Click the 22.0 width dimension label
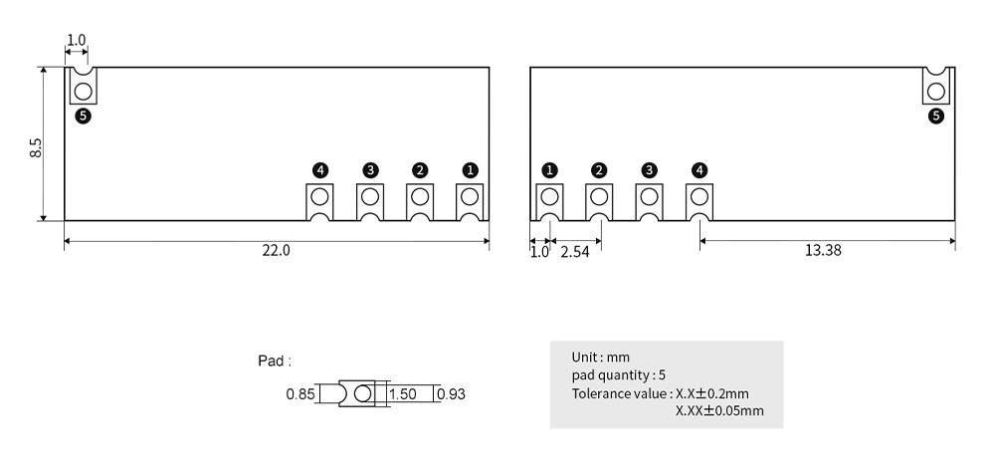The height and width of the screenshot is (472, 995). pos(276,250)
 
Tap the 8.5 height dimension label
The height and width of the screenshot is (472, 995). pos(36,148)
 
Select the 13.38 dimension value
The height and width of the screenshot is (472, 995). pos(823,250)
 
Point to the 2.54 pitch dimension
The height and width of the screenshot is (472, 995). pos(575,252)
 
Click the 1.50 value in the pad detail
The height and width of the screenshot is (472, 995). pos(402,394)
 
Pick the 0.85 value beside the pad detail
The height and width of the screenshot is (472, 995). pos(300,394)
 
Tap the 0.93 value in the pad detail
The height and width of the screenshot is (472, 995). pos(452,394)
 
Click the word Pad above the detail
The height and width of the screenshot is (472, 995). pos(271,360)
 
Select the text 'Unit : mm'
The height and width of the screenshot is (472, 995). pos(600,357)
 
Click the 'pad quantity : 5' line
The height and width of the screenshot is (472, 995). pos(618,374)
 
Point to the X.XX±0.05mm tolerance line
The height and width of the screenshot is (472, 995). pos(719,410)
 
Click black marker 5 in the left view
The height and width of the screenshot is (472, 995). pos(84,117)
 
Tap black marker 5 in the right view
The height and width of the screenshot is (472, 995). pos(936,117)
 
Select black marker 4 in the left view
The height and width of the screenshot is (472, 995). pos(320,170)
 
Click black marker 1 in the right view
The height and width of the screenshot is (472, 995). pos(549,170)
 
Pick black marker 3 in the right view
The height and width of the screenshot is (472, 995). pos(649,170)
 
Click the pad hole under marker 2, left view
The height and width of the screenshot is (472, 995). pos(420,197)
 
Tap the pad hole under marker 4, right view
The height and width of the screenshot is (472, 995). pos(699,197)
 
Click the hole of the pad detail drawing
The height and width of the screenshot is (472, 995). pos(362,394)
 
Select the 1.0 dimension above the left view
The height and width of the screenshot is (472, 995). pos(77,40)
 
